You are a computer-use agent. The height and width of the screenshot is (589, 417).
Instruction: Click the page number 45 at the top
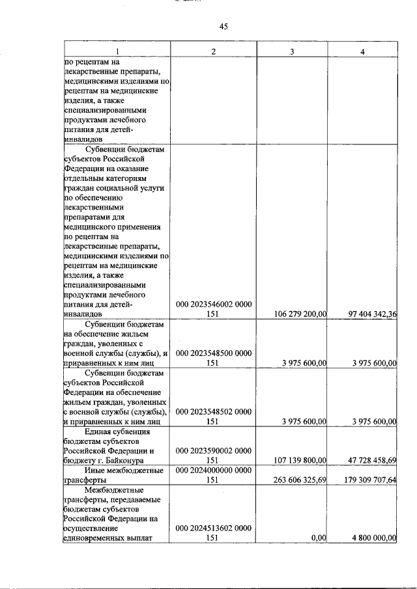click(223, 26)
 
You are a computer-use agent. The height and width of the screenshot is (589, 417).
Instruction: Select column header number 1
click(117, 51)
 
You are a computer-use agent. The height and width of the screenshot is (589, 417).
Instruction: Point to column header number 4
click(362, 51)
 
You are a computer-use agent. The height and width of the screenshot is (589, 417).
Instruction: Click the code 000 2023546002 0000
click(214, 304)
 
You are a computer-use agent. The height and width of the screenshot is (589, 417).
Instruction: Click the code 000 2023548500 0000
click(214, 353)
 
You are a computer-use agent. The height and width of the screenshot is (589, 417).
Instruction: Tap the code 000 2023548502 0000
click(214, 411)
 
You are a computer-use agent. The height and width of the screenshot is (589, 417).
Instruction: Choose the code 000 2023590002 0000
click(214, 450)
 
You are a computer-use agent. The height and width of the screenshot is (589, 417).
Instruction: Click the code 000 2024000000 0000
click(214, 470)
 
